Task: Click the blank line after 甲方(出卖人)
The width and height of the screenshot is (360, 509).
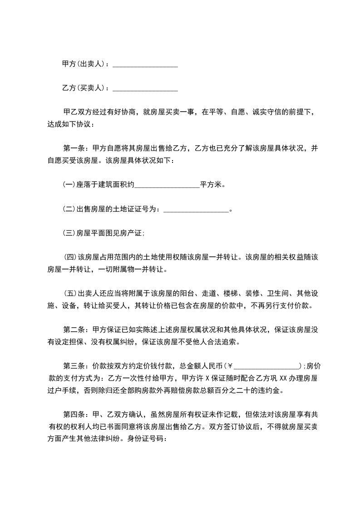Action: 145,65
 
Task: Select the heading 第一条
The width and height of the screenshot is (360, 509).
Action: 74,148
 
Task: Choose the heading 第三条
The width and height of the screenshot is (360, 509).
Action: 74,365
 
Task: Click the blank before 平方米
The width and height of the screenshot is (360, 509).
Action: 168,185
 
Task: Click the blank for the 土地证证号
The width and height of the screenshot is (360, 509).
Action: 195,210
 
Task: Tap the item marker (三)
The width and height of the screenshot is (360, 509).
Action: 69,233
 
